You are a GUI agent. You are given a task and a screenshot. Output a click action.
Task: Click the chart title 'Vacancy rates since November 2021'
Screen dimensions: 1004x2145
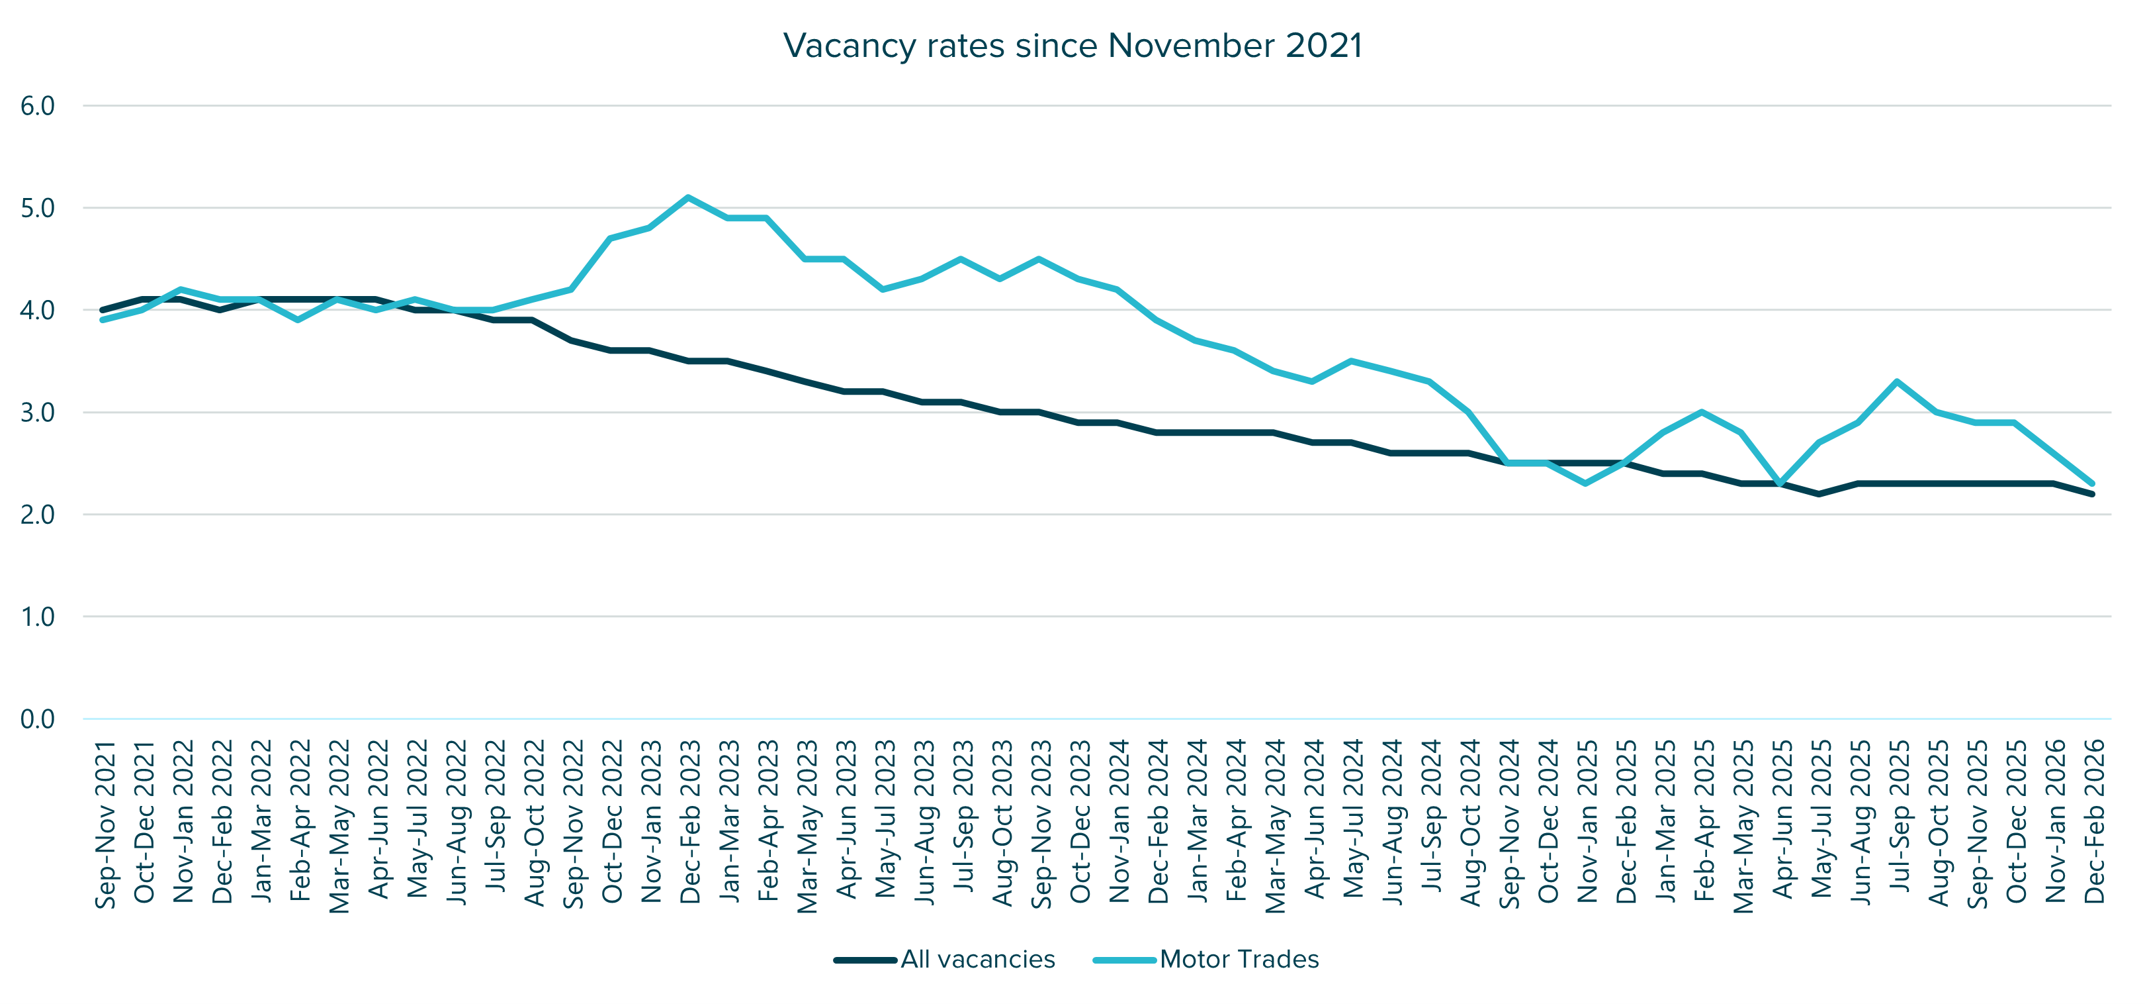[1072, 46]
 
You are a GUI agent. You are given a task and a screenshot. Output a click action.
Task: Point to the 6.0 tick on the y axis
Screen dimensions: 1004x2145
[38, 106]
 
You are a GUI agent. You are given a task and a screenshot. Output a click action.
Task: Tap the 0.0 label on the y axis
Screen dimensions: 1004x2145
[38, 718]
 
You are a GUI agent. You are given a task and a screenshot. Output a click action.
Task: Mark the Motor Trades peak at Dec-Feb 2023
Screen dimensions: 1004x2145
[688, 197]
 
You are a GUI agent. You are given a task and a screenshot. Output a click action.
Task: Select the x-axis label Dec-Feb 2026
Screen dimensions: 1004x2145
[2093, 821]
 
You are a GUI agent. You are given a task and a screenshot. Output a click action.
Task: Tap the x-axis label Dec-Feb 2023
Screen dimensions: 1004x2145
[690, 821]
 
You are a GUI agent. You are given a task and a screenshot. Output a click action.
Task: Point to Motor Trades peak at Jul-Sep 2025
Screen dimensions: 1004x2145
[1897, 381]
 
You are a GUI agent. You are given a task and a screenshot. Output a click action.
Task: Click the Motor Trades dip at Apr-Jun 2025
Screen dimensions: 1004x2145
[1780, 483]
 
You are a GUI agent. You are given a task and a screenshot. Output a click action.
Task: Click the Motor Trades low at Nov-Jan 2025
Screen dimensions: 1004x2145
[1585, 483]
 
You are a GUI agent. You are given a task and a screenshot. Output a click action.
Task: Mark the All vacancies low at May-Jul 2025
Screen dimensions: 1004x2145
[1819, 494]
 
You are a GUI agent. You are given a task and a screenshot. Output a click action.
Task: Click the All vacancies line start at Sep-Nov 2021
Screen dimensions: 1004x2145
[103, 310]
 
